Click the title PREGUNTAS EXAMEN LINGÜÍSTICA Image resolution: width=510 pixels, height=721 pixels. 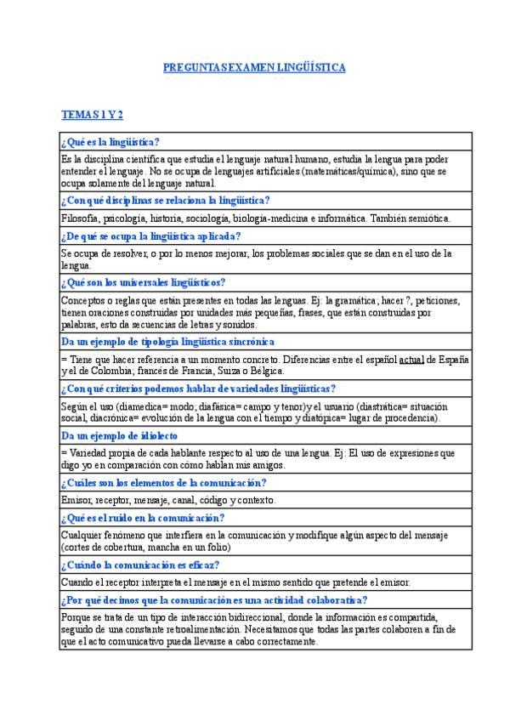coord(254,68)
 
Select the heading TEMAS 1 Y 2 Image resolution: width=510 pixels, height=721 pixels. coord(93,114)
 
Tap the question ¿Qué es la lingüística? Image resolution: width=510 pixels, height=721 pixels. coord(110,142)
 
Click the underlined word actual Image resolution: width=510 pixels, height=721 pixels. coord(411,359)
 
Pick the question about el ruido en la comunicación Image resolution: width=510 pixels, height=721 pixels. coord(143,518)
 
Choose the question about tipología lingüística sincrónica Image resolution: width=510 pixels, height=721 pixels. coord(168,342)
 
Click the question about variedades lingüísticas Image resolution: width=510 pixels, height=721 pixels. coord(199,389)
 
